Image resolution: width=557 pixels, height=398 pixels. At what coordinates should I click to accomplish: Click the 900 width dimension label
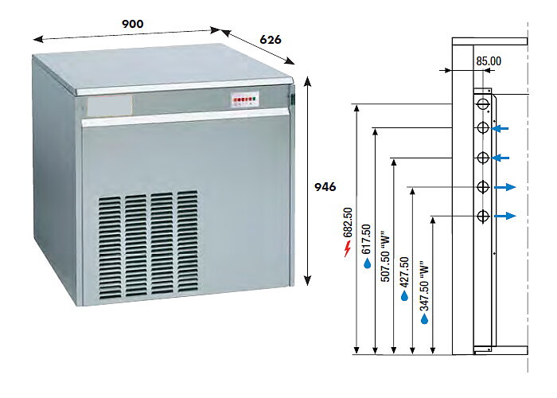click(133, 24)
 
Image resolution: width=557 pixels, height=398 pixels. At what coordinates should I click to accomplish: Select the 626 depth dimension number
click(271, 40)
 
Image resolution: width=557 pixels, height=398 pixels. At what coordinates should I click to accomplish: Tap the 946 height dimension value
click(325, 187)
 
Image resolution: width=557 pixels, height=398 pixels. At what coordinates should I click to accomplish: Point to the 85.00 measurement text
click(489, 61)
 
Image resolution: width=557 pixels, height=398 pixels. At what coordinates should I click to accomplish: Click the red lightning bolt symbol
click(348, 248)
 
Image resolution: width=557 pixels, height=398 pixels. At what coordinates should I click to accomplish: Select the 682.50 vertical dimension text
click(348, 222)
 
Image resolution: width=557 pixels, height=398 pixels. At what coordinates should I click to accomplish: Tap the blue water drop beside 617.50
click(368, 263)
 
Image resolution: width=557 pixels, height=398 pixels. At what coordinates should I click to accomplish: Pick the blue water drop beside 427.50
click(404, 295)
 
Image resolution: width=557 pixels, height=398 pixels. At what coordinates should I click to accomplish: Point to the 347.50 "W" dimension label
click(424, 288)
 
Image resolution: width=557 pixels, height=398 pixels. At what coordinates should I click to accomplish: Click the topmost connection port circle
click(483, 103)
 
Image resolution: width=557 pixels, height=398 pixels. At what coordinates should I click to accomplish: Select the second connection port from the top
click(483, 127)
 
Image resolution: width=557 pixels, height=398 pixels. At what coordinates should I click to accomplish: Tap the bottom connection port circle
click(483, 216)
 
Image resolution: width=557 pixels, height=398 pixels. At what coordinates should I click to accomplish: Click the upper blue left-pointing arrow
click(501, 128)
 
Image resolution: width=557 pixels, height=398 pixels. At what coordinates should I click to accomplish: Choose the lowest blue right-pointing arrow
click(505, 216)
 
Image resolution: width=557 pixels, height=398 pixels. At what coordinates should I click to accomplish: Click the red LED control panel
click(245, 99)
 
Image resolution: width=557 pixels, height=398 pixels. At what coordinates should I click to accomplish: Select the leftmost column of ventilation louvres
click(110, 248)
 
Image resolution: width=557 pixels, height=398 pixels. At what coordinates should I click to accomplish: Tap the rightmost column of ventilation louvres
click(188, 242)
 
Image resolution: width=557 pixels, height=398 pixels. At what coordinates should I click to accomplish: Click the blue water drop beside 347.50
click(424, 319)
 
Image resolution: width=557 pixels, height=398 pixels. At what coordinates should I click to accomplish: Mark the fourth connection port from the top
click(483, 186)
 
